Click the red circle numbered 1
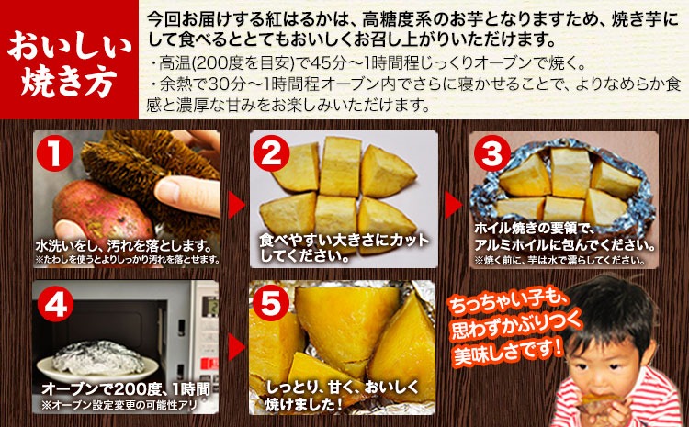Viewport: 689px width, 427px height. [x=54, y=153]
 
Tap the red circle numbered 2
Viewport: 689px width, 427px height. [x=271, y=153]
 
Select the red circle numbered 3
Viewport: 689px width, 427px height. [x=491, y=153]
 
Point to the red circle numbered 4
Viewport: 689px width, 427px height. [x=55, y=304]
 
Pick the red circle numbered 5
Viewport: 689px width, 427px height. [x=270, y=303]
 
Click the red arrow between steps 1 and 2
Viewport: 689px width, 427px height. [x=237, y=205]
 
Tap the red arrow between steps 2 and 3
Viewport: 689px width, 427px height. [x=454, y=205]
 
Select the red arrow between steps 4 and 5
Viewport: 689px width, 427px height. [x=237, y=346]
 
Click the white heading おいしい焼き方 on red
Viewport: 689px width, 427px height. [x=69, y=62]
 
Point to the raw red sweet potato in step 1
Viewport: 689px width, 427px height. [x=103, y=212]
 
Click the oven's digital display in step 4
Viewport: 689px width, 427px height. [x=209, y=305]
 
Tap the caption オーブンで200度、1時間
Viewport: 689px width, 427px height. [x=126, y=388]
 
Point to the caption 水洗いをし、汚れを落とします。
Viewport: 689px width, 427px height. [x=124, y=245]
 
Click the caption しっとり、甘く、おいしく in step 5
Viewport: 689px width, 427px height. [x=343, y=388]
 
